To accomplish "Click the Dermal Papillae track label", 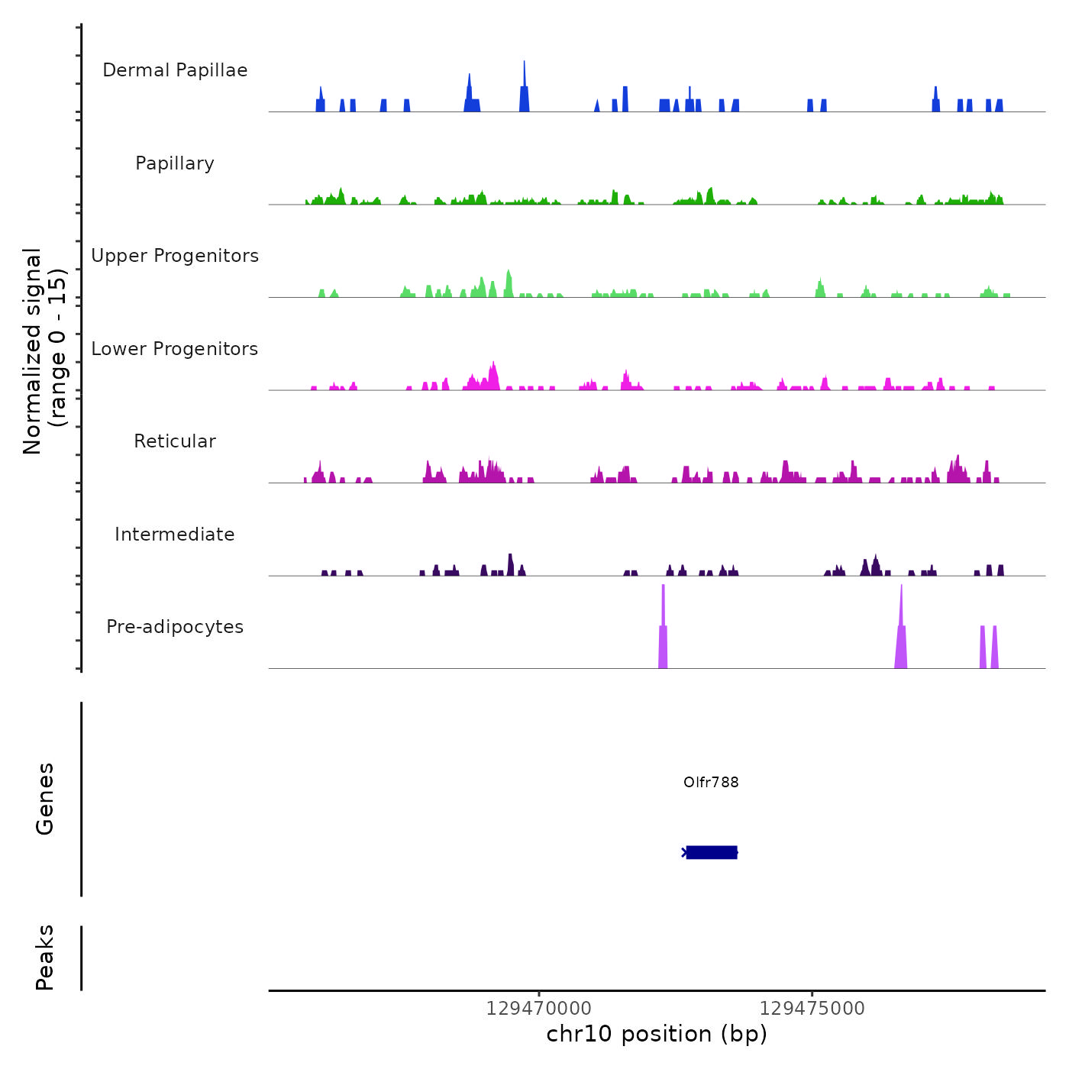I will click(175, 70).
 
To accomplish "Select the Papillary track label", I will click(175, 163).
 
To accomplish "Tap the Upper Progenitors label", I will click(175, 256).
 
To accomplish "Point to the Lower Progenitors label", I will click(175, 349).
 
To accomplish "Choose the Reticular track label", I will click(175, 441).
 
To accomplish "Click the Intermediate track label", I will click(175, 534).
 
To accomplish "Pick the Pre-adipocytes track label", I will click(175, 627).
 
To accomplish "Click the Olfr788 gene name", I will click(711, 782).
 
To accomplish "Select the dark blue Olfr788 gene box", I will click(712, 852).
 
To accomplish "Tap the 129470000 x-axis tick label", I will click(539, 1009).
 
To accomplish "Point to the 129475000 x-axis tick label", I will click(812, 1009).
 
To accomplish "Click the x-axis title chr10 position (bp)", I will click(657, 1034).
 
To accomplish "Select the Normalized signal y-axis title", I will click(45, 350).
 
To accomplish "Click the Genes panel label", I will click(45, 799).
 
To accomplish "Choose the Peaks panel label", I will click(45, 958).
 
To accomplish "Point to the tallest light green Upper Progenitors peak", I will click(509, 283).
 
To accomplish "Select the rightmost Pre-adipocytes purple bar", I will click(994, 648).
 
